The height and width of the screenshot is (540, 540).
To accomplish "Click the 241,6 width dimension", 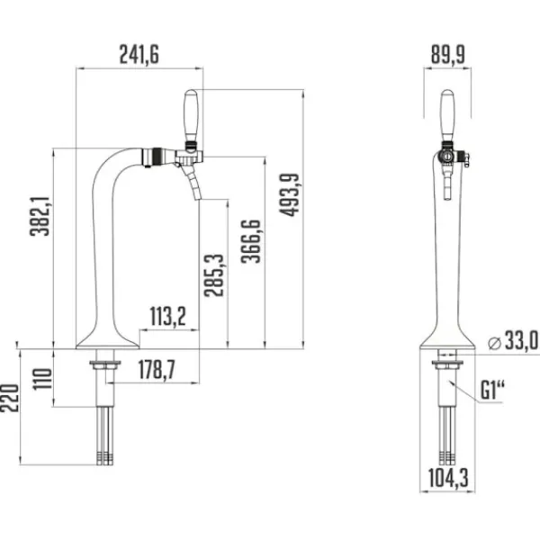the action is point(139,54).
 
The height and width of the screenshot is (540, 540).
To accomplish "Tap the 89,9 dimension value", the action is point(447,54).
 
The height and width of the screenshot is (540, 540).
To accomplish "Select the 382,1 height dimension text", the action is point(40,216).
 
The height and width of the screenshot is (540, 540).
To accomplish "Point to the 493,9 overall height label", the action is point(289,195).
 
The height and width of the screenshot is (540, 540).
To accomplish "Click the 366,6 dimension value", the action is point(251,240).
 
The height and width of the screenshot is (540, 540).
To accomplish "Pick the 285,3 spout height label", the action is point(214,275).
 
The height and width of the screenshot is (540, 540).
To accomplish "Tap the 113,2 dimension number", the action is point(167,317).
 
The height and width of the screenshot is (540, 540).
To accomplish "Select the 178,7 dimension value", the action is point(157,370).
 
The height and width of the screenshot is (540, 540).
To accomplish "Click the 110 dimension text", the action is point(42,379).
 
